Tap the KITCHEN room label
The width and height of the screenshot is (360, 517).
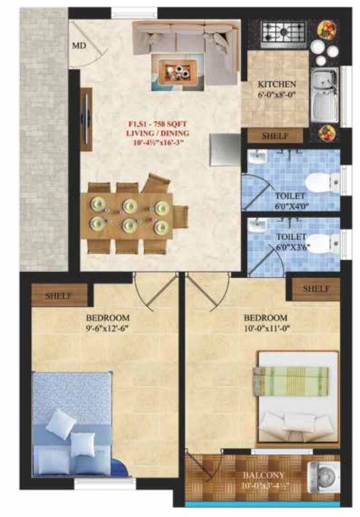click(277, 85)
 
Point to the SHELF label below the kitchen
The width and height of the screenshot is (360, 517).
click(275, 135)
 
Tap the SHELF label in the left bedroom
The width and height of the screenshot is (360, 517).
click(58, 296)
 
